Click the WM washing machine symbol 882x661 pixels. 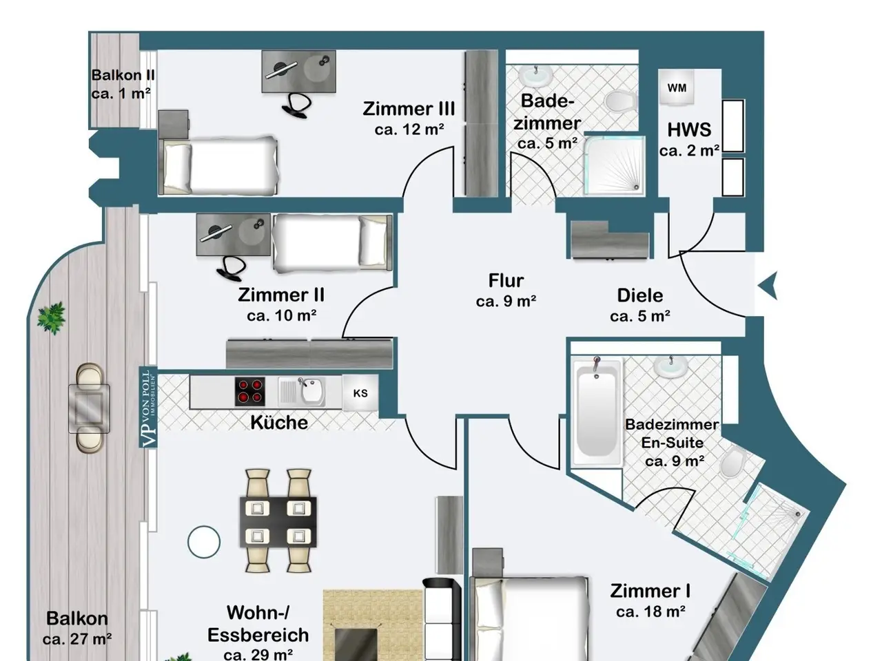677,87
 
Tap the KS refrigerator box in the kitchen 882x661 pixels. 360,393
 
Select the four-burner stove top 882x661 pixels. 249,392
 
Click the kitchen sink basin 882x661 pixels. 312,391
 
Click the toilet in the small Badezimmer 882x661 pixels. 622,101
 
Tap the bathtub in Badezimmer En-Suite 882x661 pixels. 596,412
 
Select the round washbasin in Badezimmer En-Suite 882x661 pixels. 670,366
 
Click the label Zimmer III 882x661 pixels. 409,109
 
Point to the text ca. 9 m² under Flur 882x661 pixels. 506,301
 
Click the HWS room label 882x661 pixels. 689,129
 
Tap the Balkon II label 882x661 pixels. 123,74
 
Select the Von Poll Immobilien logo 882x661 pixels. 148,407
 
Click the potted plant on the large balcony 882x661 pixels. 52,318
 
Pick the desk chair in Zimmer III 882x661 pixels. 296,105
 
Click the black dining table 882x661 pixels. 278,522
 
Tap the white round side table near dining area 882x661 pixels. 204,542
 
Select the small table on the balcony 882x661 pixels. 89,408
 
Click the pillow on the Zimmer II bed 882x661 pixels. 373,241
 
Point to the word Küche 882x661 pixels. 279,422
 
